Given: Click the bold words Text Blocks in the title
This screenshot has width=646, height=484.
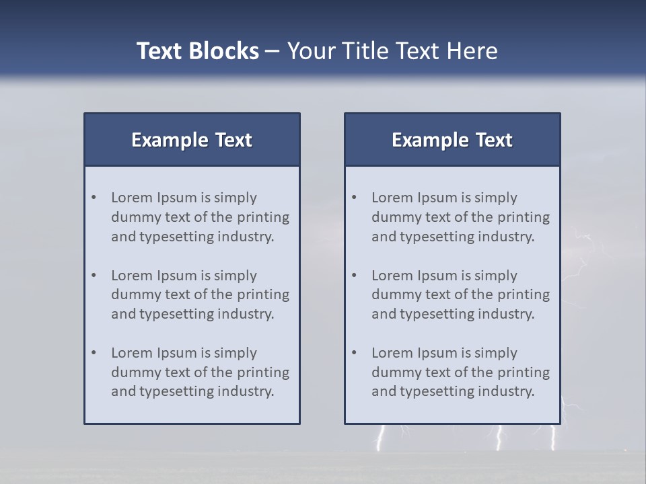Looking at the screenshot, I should coord(197,51).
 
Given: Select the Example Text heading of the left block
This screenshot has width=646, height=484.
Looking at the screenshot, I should coord(192,140).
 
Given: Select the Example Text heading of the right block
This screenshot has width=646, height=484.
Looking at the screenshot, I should coord(452,140).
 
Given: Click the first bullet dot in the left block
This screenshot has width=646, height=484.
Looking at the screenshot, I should coord(94,198).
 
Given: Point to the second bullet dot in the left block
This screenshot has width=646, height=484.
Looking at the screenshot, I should coord(94,276).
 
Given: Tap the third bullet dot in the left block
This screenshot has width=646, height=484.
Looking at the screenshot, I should coord(94,353).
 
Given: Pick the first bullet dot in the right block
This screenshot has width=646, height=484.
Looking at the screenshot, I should coord(355,198).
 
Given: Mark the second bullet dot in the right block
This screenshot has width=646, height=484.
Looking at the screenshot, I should coord(355,276).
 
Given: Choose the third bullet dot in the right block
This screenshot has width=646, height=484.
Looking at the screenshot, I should coord(355,353).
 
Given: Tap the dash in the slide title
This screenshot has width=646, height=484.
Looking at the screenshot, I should coord(273,51).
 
